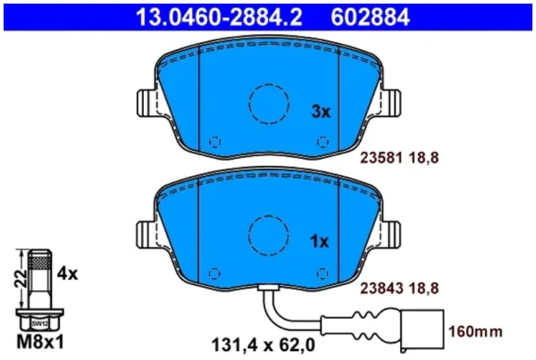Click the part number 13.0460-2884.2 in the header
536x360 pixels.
point(219,17)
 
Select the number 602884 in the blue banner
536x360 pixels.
point(370,17)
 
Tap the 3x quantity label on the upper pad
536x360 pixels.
point(321,112)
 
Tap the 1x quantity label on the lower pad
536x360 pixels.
point(319,242)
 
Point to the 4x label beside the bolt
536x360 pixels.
point(67,273)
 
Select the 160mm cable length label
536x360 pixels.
point(475,331)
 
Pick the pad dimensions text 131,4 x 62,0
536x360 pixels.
point(264,346)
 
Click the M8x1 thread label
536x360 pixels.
point(40,342)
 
